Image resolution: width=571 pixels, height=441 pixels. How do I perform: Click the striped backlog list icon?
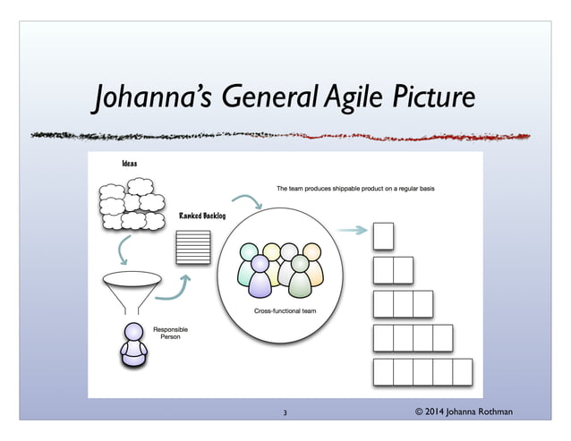point(193,247)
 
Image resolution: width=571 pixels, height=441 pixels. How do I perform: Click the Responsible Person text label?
point(170,334)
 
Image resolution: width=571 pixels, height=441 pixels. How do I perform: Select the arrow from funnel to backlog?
point(175,289)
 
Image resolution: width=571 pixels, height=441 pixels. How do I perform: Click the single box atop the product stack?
point(382,234)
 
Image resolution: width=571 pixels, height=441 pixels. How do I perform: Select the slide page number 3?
point(284,412)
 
